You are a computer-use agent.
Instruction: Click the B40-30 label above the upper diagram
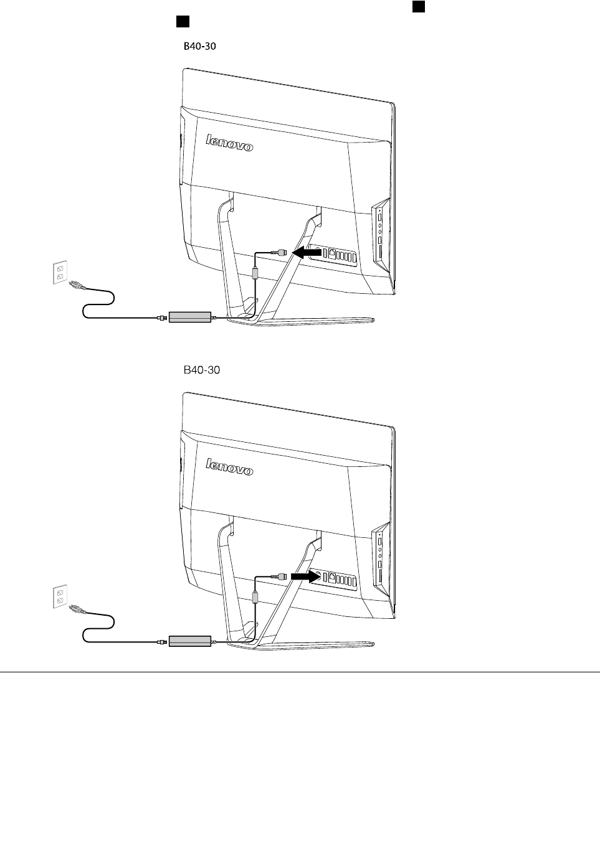click(199, 46)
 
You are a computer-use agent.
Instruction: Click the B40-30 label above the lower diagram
click(201, 370)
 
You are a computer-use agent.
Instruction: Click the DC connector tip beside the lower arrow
click(282, 576)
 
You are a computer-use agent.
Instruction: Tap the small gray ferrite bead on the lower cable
click(255, 597)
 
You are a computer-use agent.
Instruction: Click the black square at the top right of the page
click(418, 6)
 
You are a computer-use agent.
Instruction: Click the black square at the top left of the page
click(182, 22)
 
